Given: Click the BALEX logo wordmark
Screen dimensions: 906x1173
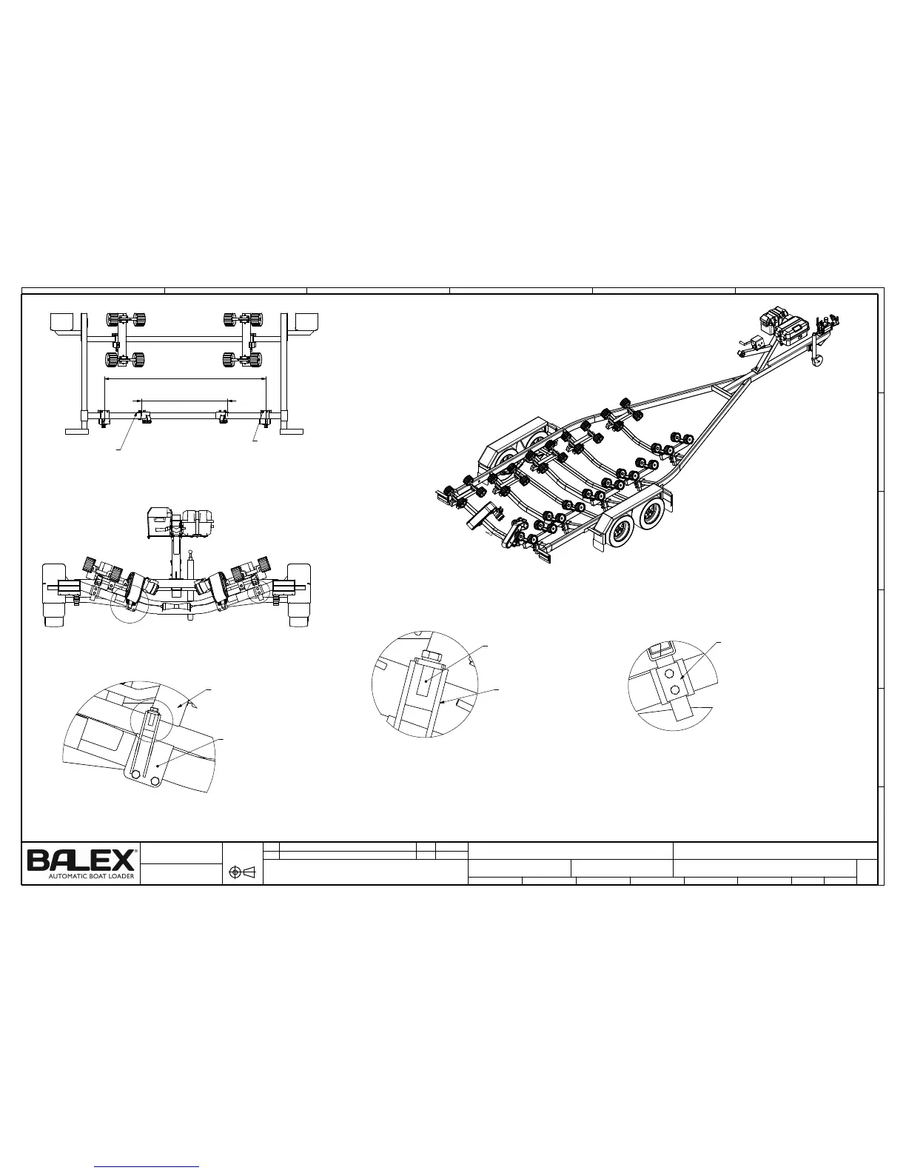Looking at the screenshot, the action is (x=81, y=860).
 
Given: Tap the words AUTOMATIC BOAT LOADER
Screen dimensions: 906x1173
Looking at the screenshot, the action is (x=91, y=876).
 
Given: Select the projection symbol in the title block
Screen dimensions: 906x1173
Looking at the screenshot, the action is (x=242, y=872).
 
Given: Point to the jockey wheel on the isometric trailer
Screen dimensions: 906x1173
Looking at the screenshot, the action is (x=818, y=361).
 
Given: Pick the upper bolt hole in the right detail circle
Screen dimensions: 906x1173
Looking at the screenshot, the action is (x=670, y=675).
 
